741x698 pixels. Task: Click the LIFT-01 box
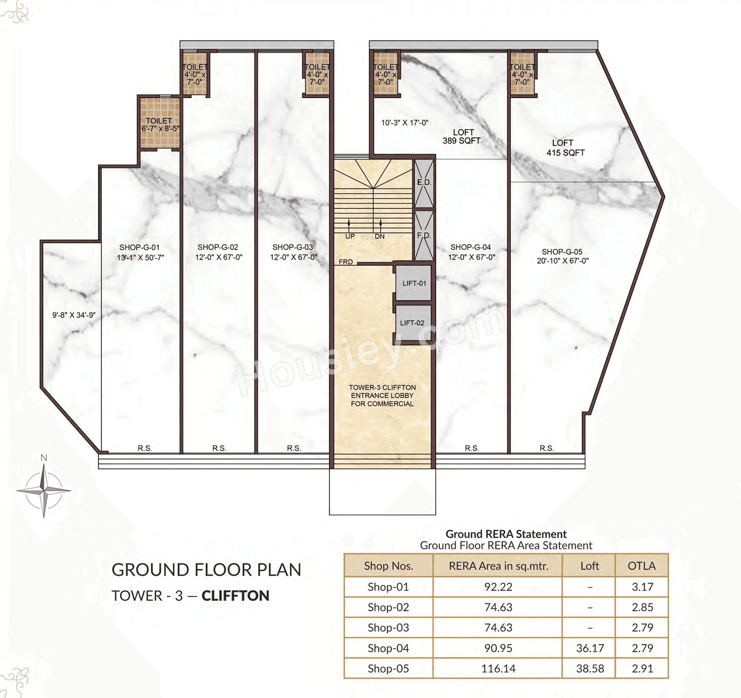pos(414,283)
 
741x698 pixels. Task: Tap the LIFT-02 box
pos(412,323)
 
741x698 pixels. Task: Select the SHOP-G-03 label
pos(293,247)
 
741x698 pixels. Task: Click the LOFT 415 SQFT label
pos(565,148)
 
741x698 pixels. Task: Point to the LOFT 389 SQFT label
pos(462,137)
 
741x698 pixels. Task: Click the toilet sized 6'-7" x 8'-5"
pos(160,123)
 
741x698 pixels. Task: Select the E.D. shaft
pos(424,182)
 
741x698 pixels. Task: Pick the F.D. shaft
pos(424,235)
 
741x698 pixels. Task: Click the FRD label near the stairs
pos(346,262)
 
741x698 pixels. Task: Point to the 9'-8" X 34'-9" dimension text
pos(74,315)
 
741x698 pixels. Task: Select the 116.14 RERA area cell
pos(498,669)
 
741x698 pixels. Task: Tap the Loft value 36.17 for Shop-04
pos(590,648)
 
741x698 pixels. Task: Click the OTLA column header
pos(642,566)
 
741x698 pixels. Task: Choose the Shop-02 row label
pos(388,608)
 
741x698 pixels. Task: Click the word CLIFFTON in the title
pos(235,596)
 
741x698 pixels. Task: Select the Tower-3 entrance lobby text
pos(382,395)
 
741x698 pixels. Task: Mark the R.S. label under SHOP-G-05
pos(547,449)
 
